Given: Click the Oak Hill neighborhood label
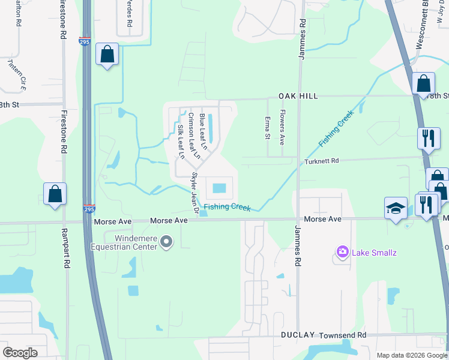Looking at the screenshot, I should [x=298, y=96].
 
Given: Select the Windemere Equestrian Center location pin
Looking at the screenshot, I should [x=167, y=242].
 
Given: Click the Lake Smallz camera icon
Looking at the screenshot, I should [x=343, y=252].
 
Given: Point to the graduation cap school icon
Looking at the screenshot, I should [x=396, y=209].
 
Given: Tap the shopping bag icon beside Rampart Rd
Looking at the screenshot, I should [x=55, y=194].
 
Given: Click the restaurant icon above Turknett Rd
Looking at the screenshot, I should [x=429, y=137].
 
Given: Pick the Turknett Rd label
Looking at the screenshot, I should [x=322, y=161].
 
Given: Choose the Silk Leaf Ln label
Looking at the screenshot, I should [x=181, y=142].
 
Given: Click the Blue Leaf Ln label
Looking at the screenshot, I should [x=203, y=131].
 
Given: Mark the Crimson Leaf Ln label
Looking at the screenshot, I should [x=192, y=132].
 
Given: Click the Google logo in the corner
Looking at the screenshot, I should [x=20, y=353].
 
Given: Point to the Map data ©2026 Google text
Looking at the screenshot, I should [x=411, y=355].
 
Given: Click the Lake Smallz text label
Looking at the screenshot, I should [x=375, y=253].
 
